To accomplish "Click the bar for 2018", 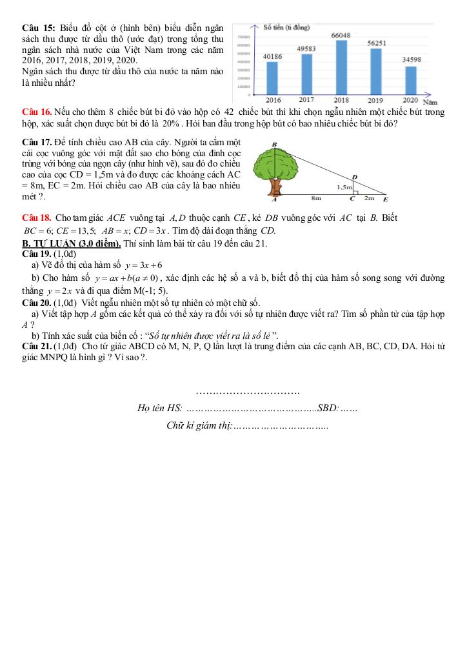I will point(341,67).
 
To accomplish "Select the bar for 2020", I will point(410,80).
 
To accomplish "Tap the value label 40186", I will point(273,57).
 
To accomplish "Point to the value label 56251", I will point(376,43).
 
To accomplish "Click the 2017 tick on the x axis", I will point(306,100).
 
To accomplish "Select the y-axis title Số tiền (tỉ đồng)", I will point(288,28).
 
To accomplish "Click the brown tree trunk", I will point(276,187).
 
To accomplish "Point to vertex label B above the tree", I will point(274,145).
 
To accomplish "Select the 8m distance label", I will point(316,199).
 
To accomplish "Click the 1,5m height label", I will point(345,187).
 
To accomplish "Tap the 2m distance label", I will point(370,199).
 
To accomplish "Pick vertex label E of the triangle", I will point(386,201).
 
